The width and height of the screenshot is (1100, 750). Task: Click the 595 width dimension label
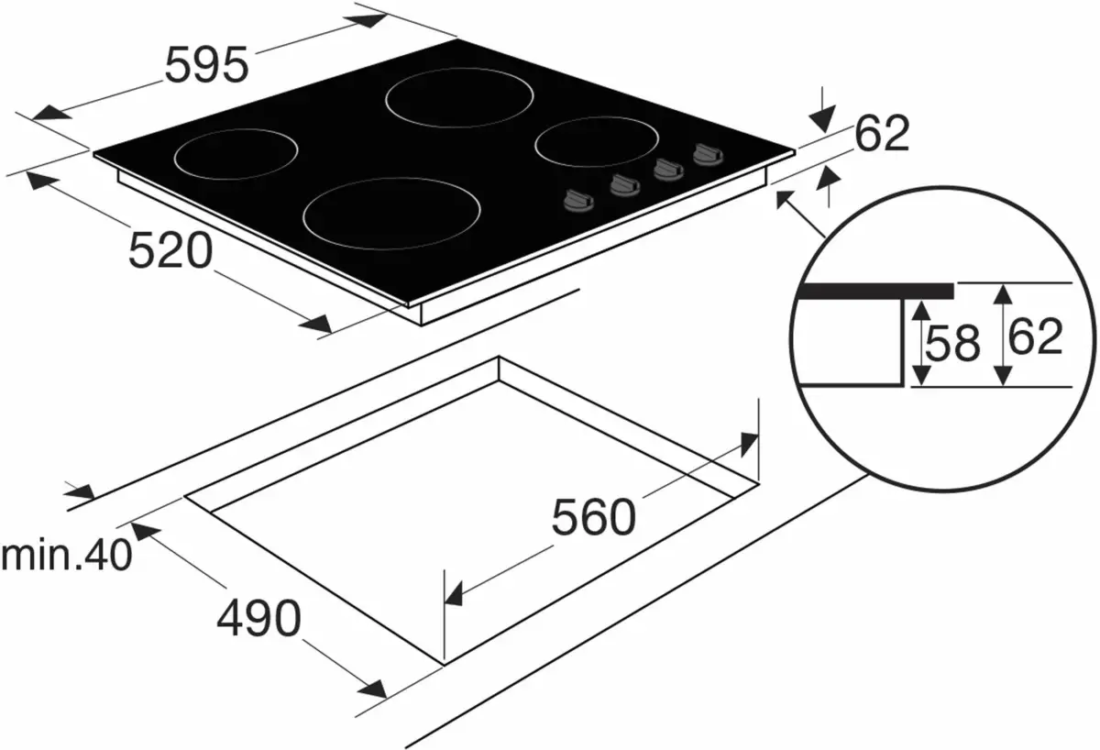[206, 65]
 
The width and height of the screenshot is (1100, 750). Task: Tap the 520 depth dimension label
[170, 251]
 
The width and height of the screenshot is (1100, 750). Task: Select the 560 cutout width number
[593, 517]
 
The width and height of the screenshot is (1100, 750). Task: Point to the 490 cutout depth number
[258, 618]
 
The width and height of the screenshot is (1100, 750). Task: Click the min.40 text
[67, 555]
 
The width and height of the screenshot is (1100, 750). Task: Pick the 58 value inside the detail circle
[952, 343]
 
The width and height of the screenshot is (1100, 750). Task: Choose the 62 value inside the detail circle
[1035, 336]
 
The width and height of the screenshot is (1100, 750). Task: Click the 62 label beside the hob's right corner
[882, 133]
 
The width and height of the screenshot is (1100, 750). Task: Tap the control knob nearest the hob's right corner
[708, 154]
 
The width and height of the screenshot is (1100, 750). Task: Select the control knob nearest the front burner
[578, 200]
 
